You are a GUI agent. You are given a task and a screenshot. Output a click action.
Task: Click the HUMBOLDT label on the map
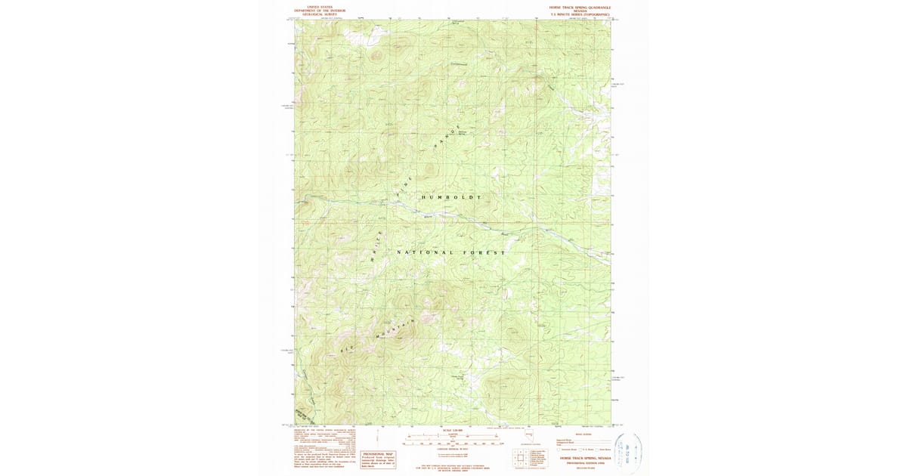450,196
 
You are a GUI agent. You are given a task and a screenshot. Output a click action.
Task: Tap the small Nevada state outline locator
534,436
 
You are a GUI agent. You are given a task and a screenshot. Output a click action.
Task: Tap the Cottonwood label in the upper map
459,63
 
